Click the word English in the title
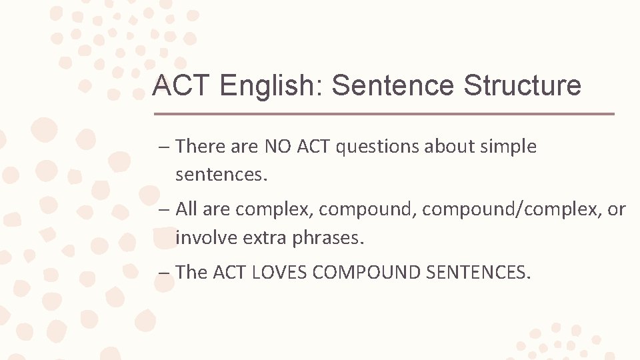(271, 86)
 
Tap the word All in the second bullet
(187, 209)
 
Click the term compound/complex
(509, 209)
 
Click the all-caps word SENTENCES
(479, 273)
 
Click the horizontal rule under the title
(383, 114)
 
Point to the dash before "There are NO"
(164, 147)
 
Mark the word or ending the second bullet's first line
(617, 209)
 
